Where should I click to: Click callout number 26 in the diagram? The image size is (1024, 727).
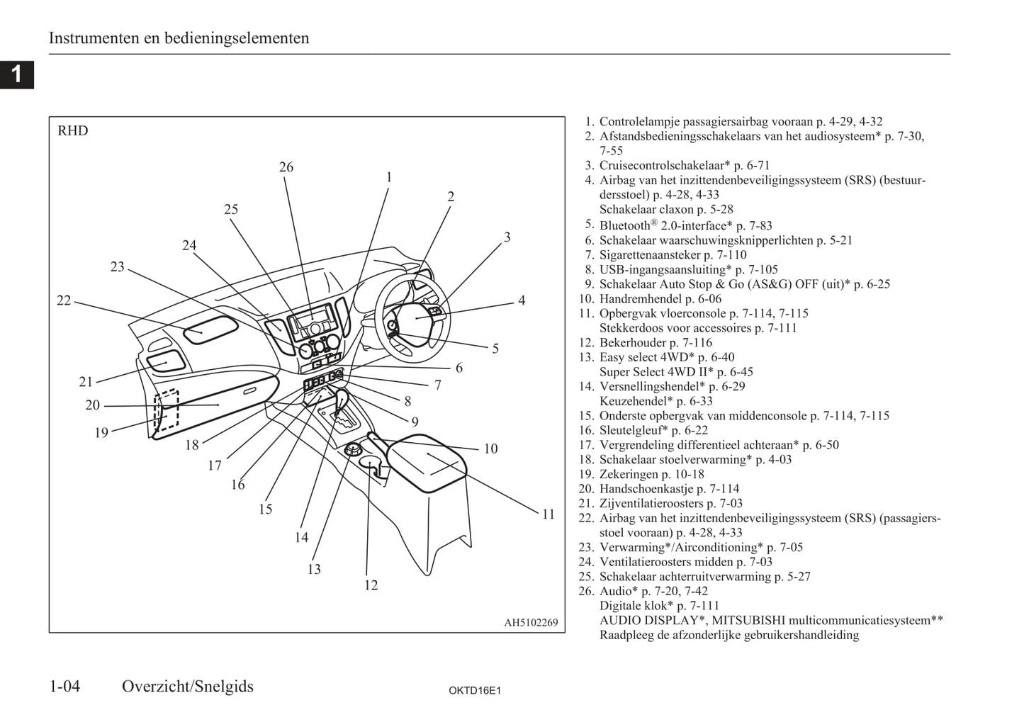pyautogui.click(x=286, y=167)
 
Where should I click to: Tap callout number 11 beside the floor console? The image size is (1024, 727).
pyautogui.click(x=548, y=514)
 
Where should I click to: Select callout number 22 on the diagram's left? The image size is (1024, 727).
pyautogui.click(x=64, y=300)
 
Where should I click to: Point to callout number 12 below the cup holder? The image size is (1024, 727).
pyautogui.click(x=371, y=585)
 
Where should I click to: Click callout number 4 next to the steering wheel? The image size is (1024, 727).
pyautogui.click(x=522, y=300)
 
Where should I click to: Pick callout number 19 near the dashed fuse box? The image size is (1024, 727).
pyautogui.click(x=101, y=432)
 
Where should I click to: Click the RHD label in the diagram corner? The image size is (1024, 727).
pyautogui.click(x=73, y=131)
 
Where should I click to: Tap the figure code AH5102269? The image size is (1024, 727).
pyautogui.click(x=531, y=624)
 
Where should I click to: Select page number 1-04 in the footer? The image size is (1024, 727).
pyautogui.click(x=64, y=686)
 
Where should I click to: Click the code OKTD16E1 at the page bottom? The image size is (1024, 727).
pyautogui.click(x=474, y=691)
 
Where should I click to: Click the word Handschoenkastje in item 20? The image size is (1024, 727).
pyautogui.click(x=646, y=489)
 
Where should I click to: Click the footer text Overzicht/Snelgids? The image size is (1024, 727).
pyautogui.click(x=188, y=686)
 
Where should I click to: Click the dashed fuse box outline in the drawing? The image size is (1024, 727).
pyautogui.click(x=167, y=411)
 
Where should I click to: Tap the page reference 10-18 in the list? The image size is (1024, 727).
pyautogui.click(x=688, y=474)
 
